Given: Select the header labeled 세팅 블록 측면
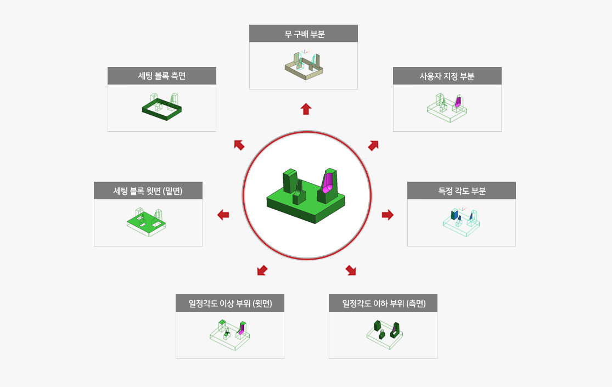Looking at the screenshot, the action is tap(161, 76).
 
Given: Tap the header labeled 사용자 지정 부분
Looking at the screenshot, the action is tap(447, 76).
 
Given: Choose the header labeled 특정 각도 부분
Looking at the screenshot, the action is tap(462, 190).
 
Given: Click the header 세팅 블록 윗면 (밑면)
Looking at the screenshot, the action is tap(148, 190).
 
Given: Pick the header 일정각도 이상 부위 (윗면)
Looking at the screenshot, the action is tap(230, 303).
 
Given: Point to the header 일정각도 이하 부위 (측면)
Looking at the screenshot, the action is tap(383, 303).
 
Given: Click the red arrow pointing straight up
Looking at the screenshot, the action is tap(306, 109).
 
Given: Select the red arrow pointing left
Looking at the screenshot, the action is tap(223, 215).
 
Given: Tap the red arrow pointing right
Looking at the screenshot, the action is tap(388, 215).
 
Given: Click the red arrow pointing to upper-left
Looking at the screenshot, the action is tap(239, 145).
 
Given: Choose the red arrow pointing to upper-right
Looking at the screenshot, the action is tap(373, 145).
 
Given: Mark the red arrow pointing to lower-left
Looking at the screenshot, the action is tap(262, 270).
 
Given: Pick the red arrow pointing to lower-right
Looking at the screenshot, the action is tap(351, 270).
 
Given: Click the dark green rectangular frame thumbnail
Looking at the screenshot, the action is tap(161, 109).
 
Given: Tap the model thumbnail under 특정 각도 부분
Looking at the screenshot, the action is tap(462, 222).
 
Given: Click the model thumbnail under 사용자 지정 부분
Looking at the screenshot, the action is tap(447, 108).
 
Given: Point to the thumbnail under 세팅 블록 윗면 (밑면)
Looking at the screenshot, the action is tap(147, 222).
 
